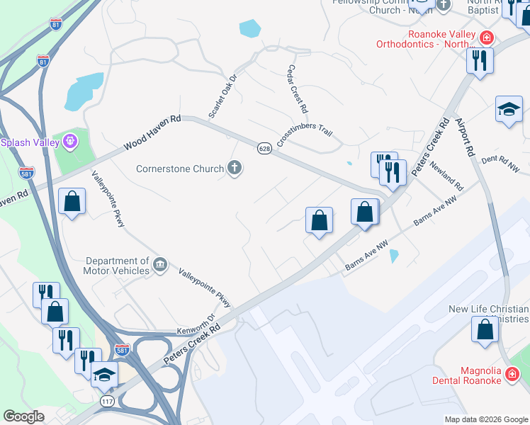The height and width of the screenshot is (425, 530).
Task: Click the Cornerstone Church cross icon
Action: click(235, 169)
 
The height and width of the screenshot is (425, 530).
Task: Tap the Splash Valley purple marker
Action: click(69, 142)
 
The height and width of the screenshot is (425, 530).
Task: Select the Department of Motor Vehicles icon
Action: click(160, 265)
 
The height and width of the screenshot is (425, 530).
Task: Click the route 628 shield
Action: click(264, 148)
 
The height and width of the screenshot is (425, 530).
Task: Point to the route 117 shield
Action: click(106, 402)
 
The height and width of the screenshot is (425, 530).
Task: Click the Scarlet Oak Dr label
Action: click(221, 96)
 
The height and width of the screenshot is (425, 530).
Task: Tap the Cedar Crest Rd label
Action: click(298, 89)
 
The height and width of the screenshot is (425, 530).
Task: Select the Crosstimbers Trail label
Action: click(304, 132)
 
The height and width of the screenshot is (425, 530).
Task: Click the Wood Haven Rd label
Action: click(152, 133)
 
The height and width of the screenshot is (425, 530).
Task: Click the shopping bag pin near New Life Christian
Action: click(485, 329)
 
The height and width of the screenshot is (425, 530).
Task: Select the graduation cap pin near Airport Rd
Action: click(508, 109)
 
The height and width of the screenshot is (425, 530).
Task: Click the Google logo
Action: click(23, 416)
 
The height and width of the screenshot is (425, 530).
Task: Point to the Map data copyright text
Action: click(486, 419)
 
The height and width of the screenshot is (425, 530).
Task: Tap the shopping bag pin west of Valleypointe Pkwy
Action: click(72, 201)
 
